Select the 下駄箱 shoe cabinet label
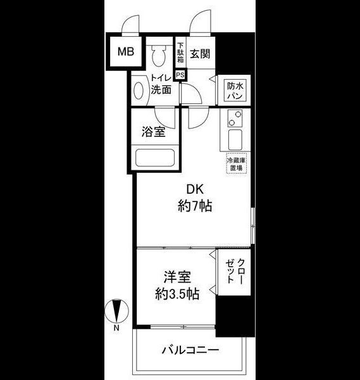[x=180, y=53]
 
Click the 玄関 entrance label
[x=200, y=54]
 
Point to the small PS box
[x=180, y=74]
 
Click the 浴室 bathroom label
[x=153, y=132]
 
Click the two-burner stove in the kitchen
[x=235, y=119]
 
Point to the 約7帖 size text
[x=194, y=206]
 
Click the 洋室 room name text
[x=177, y=278]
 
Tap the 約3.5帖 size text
[x=177, y=294]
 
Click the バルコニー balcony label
[x=190, y=350]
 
